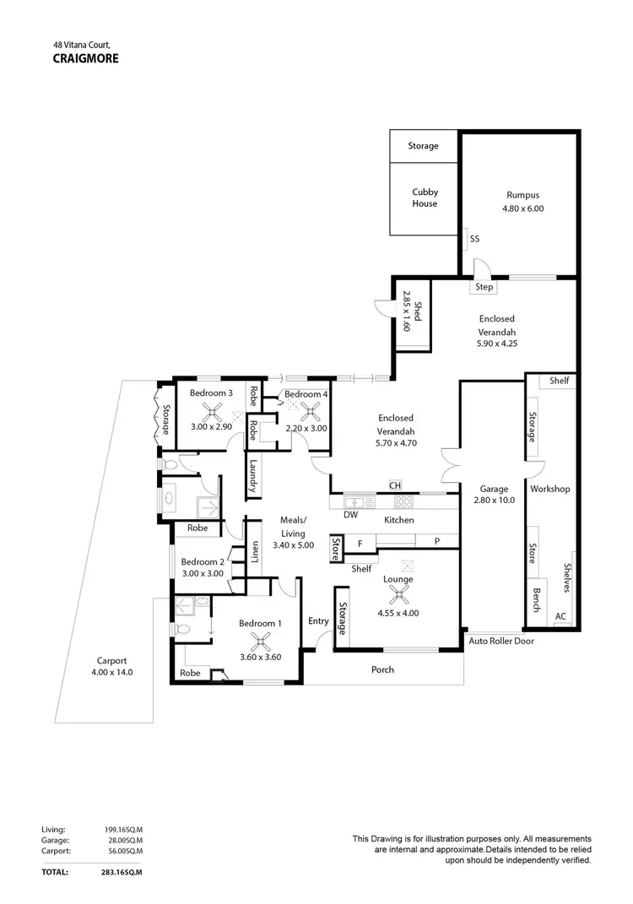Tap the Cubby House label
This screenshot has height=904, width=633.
(425, 198)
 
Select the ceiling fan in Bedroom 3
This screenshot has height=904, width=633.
(211, 412)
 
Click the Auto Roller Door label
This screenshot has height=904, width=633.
(501, 641)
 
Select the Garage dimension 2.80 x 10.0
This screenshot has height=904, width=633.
(493, 500)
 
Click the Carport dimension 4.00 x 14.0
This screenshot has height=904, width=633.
(111, 673)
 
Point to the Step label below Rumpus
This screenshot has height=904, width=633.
(484, 287)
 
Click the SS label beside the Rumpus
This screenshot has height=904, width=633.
(474, 239)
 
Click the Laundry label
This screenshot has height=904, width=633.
(252, 475)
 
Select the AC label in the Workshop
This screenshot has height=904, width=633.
(560, 616)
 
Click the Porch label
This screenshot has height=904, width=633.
(382, 669)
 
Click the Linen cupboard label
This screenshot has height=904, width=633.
(254, 552)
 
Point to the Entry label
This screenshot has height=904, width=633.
(318, 621)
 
